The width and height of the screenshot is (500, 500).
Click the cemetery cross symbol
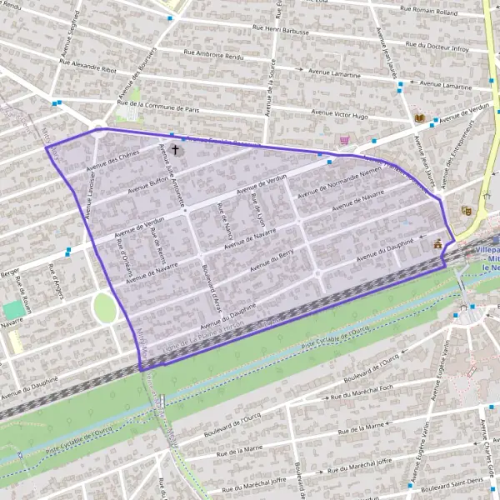click(175, 150)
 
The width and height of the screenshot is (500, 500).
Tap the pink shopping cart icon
click(344, 141)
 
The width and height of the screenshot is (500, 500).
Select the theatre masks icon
click(466, 212)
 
